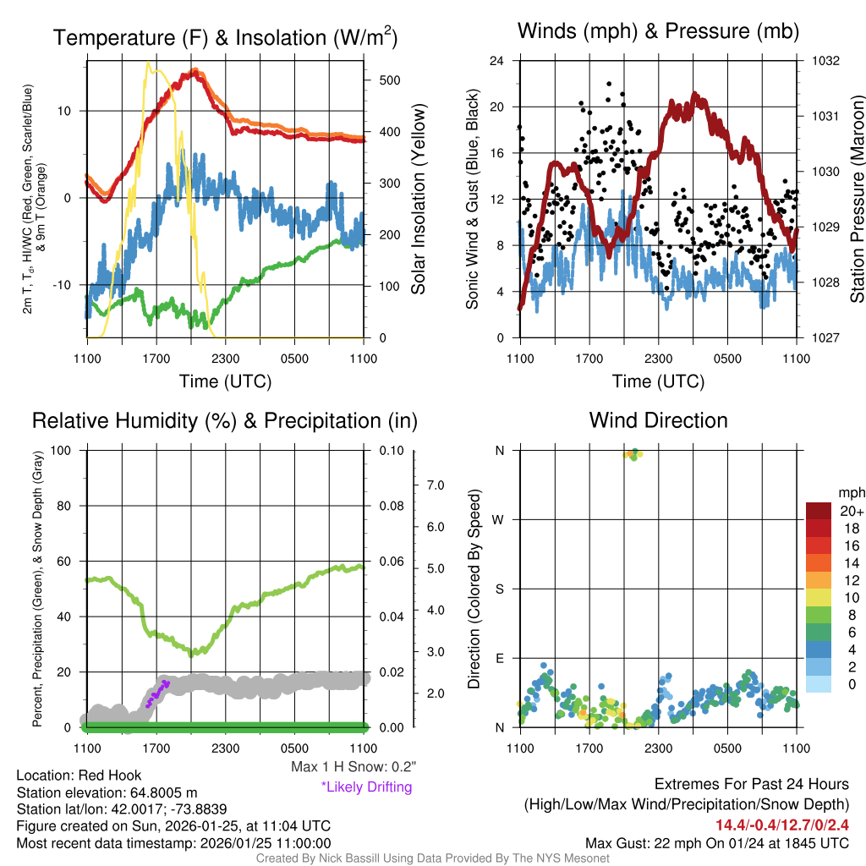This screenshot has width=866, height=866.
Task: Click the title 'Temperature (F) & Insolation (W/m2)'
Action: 225,37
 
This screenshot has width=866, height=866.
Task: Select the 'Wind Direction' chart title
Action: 658,420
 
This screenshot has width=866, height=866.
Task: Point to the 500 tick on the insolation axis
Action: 389,80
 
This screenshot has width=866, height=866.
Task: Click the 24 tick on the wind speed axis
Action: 497,61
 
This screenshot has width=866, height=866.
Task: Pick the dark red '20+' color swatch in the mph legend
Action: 819,512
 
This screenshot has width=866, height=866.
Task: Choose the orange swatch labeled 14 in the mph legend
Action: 819,562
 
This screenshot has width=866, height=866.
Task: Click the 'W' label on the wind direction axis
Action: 500,519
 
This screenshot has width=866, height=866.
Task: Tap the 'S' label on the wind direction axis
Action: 500,589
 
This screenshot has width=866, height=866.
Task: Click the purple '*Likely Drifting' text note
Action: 366,787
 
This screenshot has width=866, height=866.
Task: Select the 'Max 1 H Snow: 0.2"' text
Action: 353,767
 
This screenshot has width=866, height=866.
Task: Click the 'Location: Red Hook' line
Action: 79,776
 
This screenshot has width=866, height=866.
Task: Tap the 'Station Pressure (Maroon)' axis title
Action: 857,200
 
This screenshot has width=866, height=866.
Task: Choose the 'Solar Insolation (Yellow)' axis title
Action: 418,200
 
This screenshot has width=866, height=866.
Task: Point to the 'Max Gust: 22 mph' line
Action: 717,843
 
